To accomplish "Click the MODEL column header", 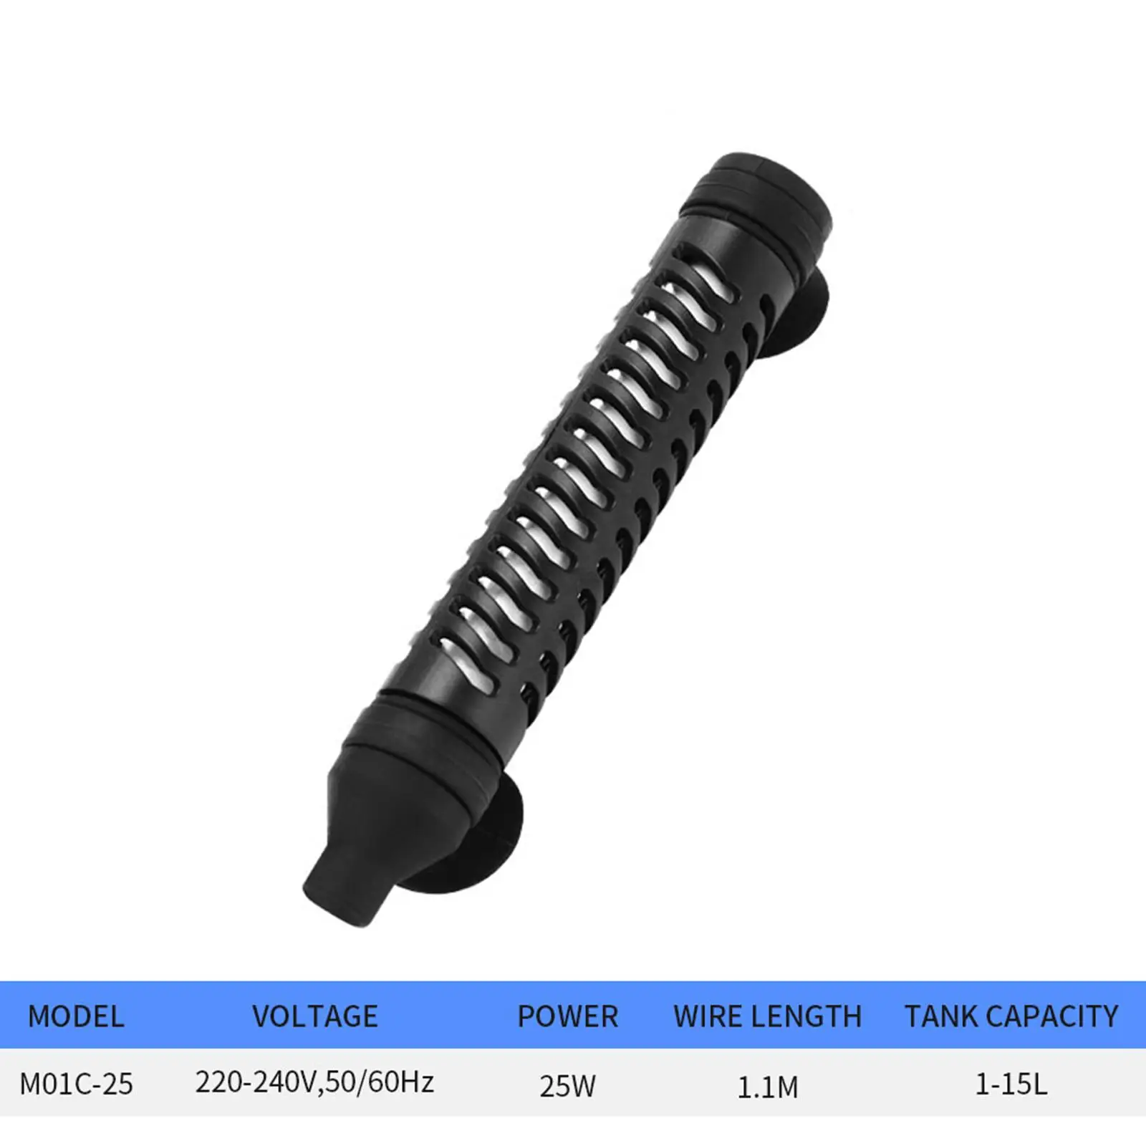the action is click(76, 1016).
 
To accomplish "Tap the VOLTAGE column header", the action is click(315, 1016).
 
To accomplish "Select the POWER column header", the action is click(568, 1016).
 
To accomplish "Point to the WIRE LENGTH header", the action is click(768, 1016).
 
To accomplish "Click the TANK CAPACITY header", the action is click(1011, 1016).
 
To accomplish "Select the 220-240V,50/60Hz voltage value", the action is click(315, 1082).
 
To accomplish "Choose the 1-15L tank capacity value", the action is click(1011, 1084).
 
